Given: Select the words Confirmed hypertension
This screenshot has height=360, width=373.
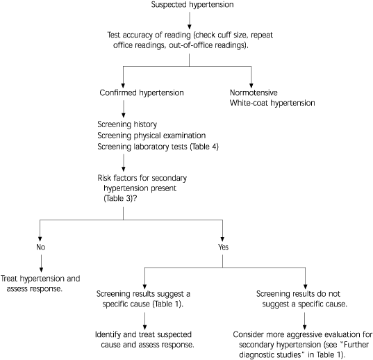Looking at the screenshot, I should pyautogui.click(x=141, y=92).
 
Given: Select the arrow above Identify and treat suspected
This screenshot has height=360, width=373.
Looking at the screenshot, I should pyautogui.click(x=144, y=318).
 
